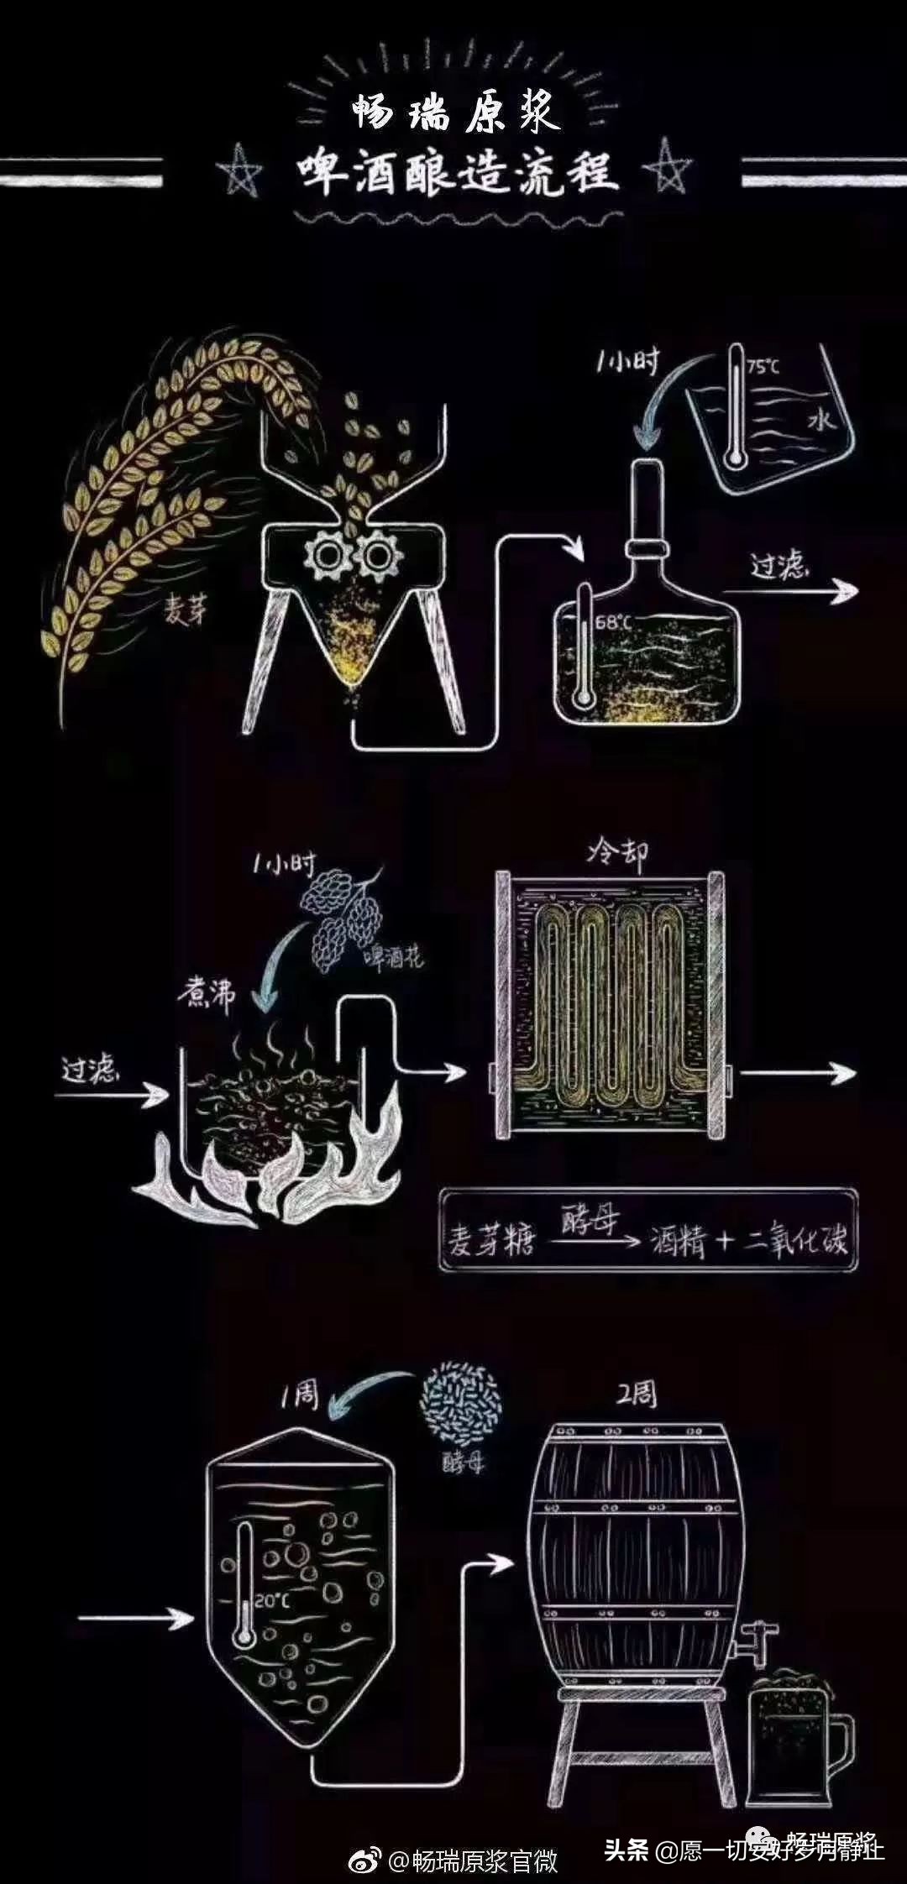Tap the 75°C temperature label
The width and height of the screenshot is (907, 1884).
click(763, 367)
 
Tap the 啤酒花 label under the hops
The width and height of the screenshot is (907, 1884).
click(393, 958)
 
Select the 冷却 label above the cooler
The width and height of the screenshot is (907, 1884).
click(617, 854)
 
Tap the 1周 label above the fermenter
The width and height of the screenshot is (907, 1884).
click(299, 1395)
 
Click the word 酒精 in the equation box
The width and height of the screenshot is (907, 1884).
click(678, 1241)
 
